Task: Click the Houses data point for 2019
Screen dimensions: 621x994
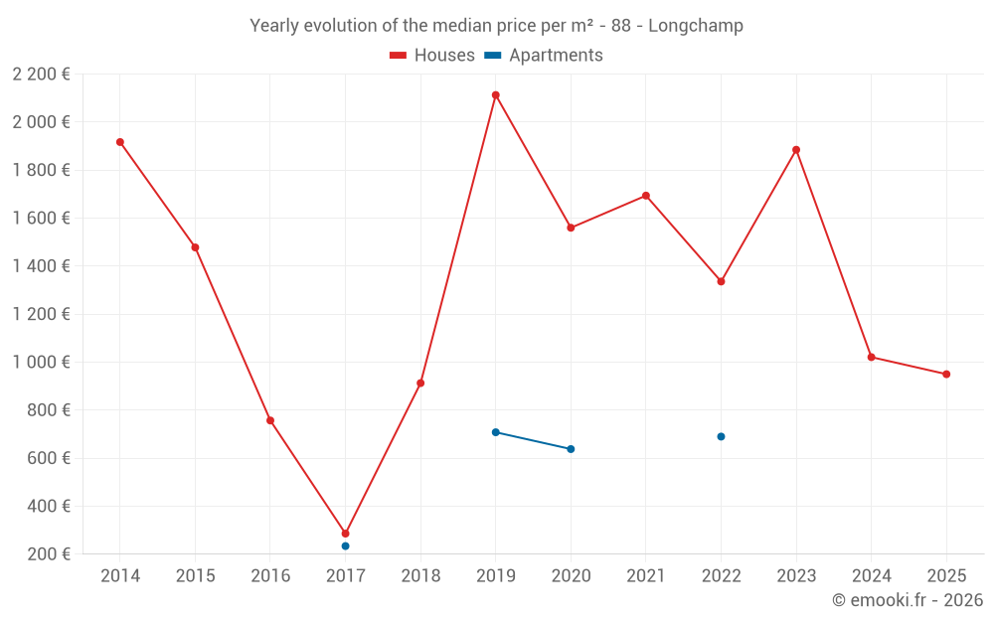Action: pyautogui.click(x=495, y=95)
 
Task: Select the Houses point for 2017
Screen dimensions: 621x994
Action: pyautogui.click(x=345, y=534)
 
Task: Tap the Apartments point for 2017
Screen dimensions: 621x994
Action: pyautogui.click(x=345, y=546)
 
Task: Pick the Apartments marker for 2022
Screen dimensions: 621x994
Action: pyautogui.click(x=721, y=437)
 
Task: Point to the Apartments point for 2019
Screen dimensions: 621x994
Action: pyautogui.click(x=495, y=432)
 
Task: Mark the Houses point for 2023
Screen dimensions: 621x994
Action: pyautogui.click(x=796, y=150)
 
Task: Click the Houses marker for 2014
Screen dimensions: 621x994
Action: pyautogui.click(x=120, y=142)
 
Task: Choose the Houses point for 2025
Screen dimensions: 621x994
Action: pyautogui.click(x=946, y=375)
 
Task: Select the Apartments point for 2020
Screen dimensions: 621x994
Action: pyautogui.click(x=571, y=449)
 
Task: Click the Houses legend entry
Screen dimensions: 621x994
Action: pyautogui.click(x=432, y=56)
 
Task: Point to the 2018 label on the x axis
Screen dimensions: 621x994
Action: pyautogui.click(x=420, y=576)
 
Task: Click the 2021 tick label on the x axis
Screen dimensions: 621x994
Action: pyautogui.click(x=646, y=576)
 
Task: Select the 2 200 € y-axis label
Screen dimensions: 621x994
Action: pyautogui.click(x=42, y=75)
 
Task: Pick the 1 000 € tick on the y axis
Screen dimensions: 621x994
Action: pyautogui.click(x=42, y=363)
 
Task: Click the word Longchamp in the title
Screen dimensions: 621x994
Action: pyautogui.click(x=696, y=26)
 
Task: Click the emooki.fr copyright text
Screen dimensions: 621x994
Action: pyautogui.click(x=908, y=600)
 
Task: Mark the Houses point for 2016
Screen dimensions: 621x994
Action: pyautogui.click(x=270, y=420)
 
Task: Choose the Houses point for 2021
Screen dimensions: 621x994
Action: pyautogui.click(x=646, y=196)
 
